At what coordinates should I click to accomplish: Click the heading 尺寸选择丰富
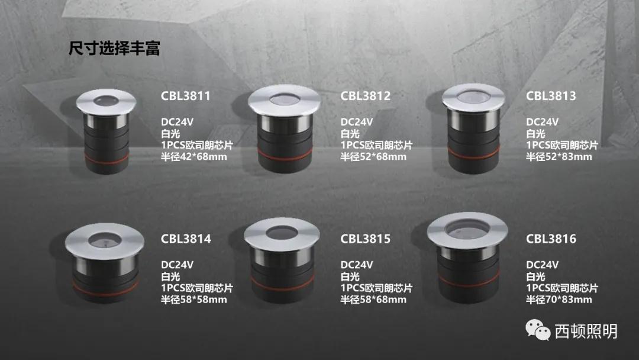click(x=114, y=48)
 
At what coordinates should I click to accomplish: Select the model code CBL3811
click(x=185, y=96)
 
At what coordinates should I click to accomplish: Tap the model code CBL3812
click(x=365, y=96)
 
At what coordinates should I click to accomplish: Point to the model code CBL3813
click(x=551, y=96)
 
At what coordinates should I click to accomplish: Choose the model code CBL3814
click(x=186, y=239)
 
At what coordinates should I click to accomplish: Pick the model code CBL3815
click(x=365, y=239)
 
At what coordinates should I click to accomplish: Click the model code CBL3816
click(x=551, y=239)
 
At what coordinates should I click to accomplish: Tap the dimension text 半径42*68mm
click(x=194, y=156)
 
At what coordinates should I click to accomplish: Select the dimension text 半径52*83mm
click(x=559, y=156)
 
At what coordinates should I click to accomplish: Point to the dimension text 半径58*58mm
click(x=194, y=300)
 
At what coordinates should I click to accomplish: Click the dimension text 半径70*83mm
click(x=559, y=300)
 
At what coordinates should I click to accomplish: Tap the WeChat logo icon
click(x=538, y=330)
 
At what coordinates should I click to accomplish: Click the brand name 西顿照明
click(x=586, y=331)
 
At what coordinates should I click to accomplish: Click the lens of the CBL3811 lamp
click(x=105, y=101)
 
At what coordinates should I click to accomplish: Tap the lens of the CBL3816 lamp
click(x=467, y=229)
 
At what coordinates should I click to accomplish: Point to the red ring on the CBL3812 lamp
click(x=285, y=155)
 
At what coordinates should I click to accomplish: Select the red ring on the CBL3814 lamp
click(x=105, y=288)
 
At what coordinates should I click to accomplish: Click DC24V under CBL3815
click(x=357, y=265)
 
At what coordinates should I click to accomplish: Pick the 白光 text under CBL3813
click(x=535, y=134)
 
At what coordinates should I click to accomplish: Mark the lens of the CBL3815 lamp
click(x=281, y=233)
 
